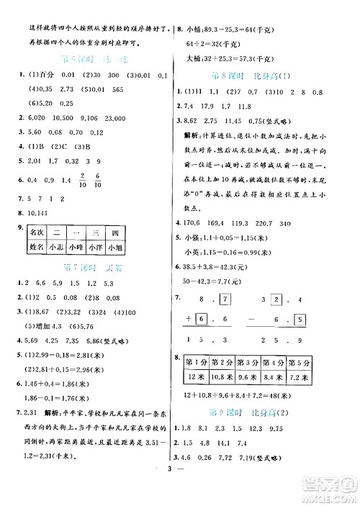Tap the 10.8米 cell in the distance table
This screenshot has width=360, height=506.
click(230, 376)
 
